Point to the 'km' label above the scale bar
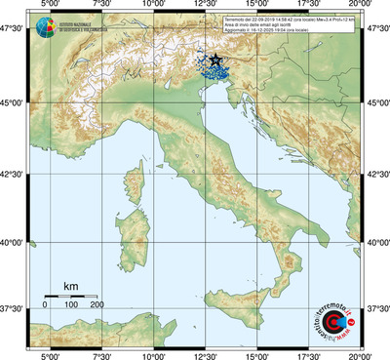tap(70, 286)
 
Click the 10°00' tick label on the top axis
tap(153, 6)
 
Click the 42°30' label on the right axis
tap(376, 175)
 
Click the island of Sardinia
tap(133, 234)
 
